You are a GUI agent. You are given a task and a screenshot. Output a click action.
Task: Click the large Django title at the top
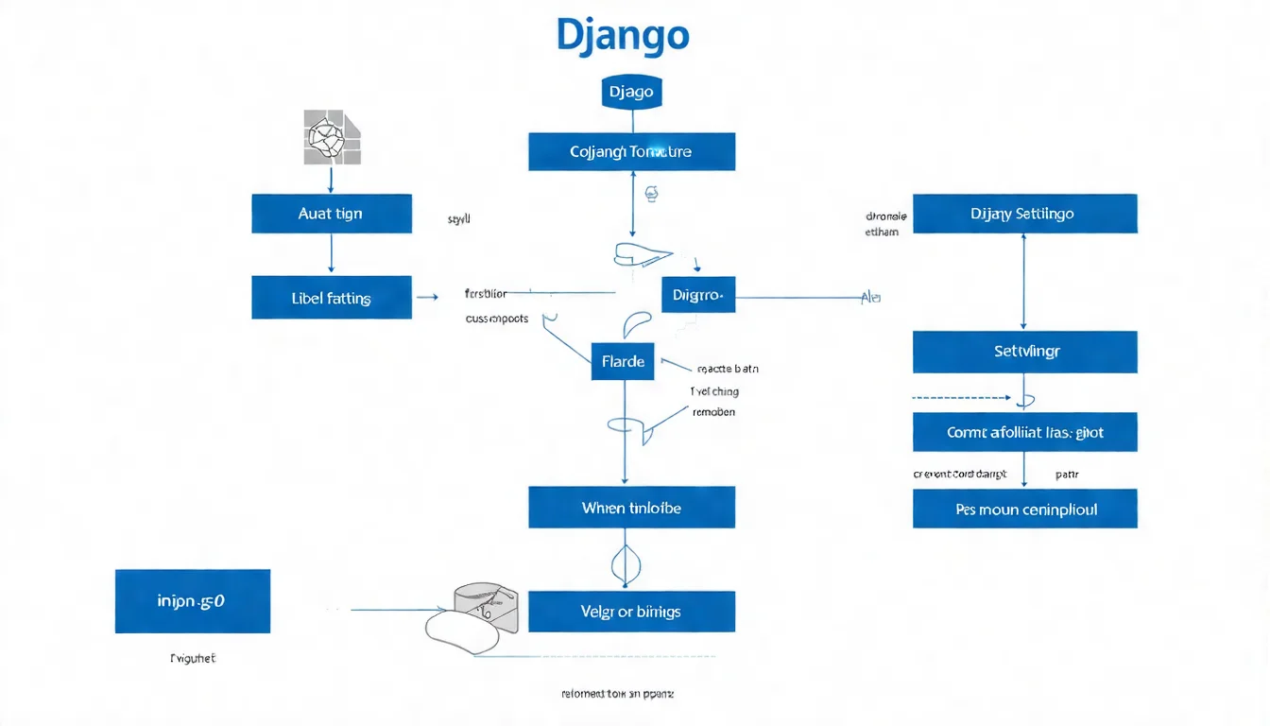tap(623, 36)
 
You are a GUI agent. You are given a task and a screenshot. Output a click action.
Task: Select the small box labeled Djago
tap(631, 93)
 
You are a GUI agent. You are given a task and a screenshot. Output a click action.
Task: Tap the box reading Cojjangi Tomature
tap(631, 151)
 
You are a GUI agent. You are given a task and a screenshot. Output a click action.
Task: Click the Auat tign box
tap(331, 214)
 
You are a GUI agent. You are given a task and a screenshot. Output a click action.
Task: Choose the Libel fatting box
tap(331, 298)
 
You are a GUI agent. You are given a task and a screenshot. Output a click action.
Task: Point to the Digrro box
tap(698, 295)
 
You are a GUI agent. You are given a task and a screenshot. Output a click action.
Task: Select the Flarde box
tap(623, 361)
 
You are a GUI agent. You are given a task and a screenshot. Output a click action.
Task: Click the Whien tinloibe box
tap(631, 508)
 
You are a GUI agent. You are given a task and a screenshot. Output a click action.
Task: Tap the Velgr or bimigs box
tap(631, 612)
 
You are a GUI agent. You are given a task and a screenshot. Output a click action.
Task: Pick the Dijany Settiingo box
tap(1024, 214)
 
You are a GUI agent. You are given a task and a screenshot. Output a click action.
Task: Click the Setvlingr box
tap(1024, 351)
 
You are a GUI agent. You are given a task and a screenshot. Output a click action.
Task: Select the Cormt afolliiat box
tap(1024, 432)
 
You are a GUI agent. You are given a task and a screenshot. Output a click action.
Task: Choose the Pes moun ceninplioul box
tap(1024, 509)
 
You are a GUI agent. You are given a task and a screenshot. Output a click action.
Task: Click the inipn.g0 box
tap(192, 600)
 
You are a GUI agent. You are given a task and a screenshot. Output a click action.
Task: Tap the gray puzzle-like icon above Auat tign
tap(332, 138)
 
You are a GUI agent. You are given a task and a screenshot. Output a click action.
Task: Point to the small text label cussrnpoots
tap(496, 320)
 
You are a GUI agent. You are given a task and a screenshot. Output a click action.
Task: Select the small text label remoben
tap(713, 412)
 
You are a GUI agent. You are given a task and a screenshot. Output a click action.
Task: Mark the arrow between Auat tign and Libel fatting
tap(331, 253)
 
